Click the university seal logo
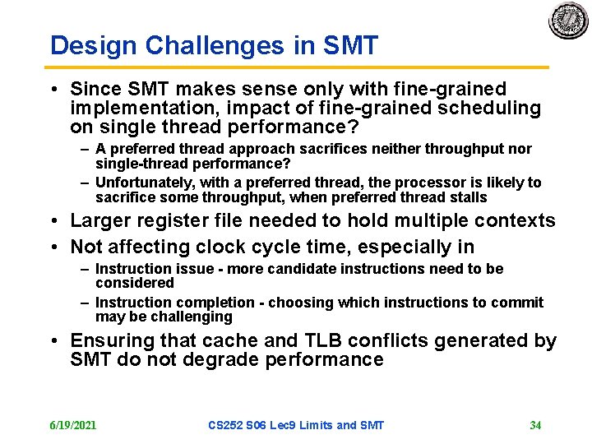[569, 22]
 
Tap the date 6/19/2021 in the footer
[73, 425]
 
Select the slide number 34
[535, 425]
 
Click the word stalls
[468, 197]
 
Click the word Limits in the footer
[314, 425]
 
